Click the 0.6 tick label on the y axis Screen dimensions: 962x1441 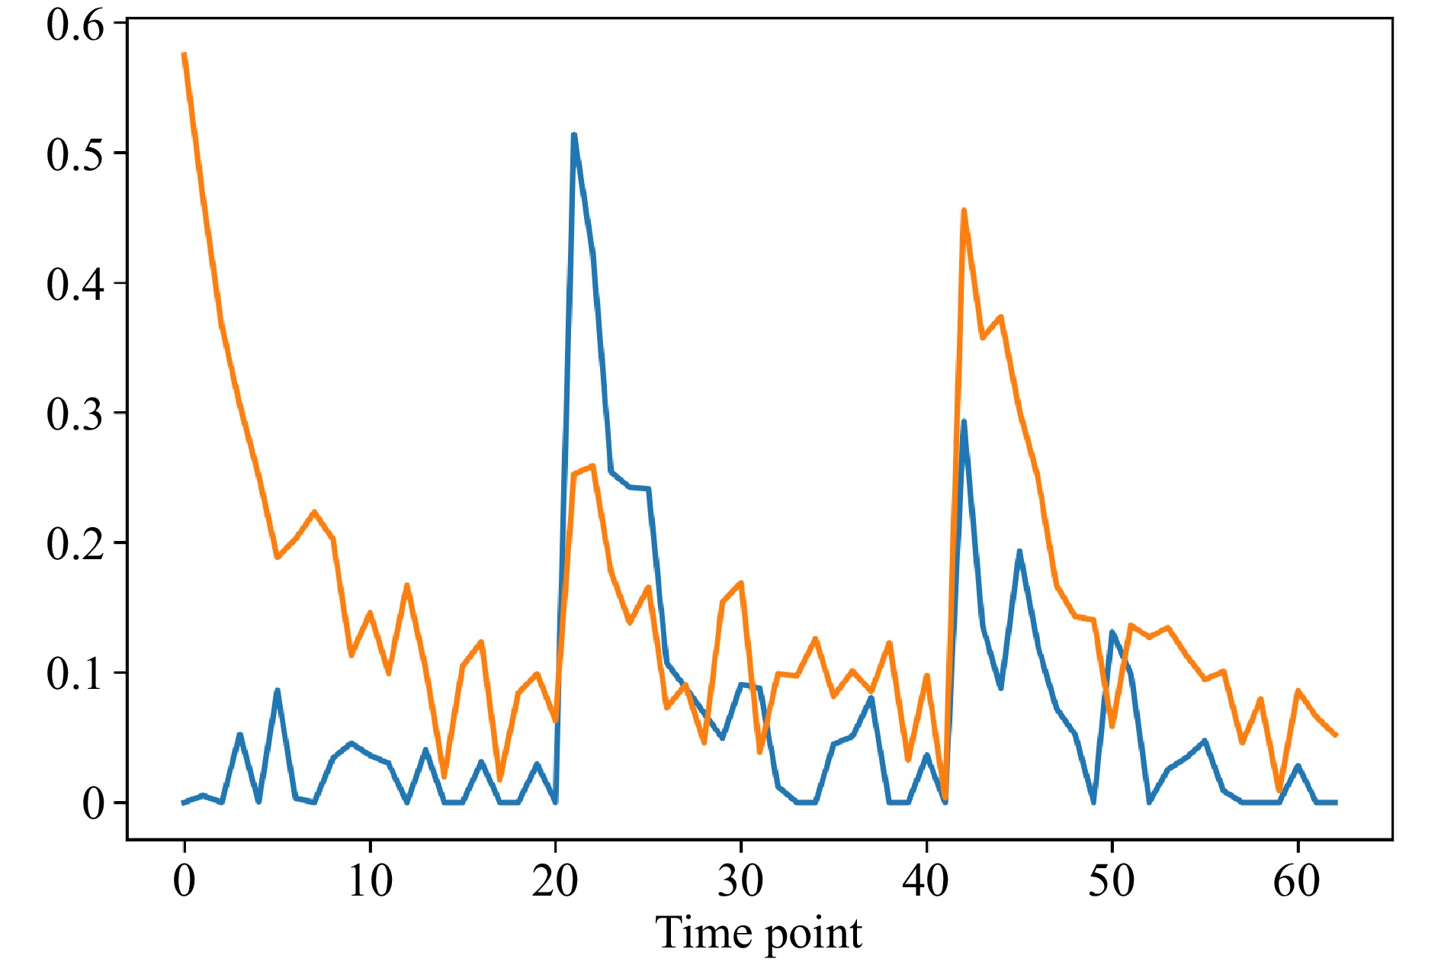(74, 24)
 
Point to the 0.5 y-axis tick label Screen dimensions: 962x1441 (74, 154)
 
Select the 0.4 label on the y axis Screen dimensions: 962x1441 (74, 284)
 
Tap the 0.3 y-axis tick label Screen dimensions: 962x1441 (74, 413)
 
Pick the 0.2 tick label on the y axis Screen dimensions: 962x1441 (74, 543)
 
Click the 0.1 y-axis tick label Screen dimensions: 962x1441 (74, 674)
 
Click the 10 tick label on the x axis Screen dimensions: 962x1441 (370, 881)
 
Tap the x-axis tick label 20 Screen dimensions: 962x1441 (555, 881)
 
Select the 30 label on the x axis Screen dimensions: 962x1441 (740, 881)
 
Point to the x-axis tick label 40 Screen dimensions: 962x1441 (926, 881)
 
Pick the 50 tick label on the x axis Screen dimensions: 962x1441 (1111, 881)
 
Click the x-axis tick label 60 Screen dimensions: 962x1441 (1296, 881)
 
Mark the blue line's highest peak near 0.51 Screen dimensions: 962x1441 (573, 135)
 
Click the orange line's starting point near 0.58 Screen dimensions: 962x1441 (185, 54)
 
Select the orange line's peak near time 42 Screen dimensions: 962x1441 (964, 210)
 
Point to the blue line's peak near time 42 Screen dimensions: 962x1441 (964, 421)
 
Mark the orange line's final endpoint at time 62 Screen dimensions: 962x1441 (1335, 735)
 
